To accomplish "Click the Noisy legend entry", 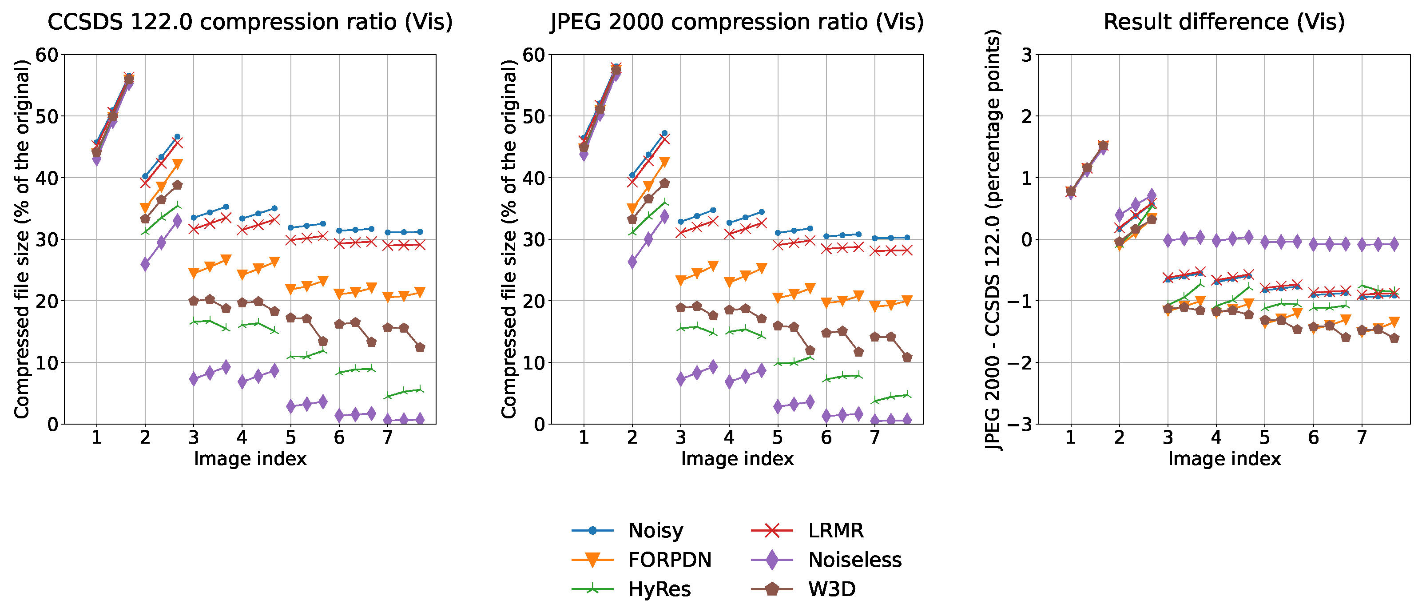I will (x=655, y=530).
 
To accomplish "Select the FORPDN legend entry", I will (x=669, y=560).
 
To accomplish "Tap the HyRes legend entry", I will (x=659, y=589).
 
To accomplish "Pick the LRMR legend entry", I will (x=835, y=530).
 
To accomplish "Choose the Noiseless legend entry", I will (x=854, y=560).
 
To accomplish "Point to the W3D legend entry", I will (x=831, y=589).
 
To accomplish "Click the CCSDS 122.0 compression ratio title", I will (x=250, y=22).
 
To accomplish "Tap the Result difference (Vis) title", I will (x=1224, y=22).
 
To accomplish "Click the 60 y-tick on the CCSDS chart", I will (x=47, y=55).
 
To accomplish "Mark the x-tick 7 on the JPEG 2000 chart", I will (x=874, y=438).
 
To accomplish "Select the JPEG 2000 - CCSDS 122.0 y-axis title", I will (x=993, y=240).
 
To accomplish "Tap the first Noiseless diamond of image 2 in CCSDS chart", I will (x=145, y=264).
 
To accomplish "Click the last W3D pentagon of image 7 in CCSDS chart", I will (x=420, y=348).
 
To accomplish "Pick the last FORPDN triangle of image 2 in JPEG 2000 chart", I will (x=664, y=162).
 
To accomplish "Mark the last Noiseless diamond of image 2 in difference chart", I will (x=1152, y=195).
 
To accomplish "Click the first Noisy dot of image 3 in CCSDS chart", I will (x=194, y=218).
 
